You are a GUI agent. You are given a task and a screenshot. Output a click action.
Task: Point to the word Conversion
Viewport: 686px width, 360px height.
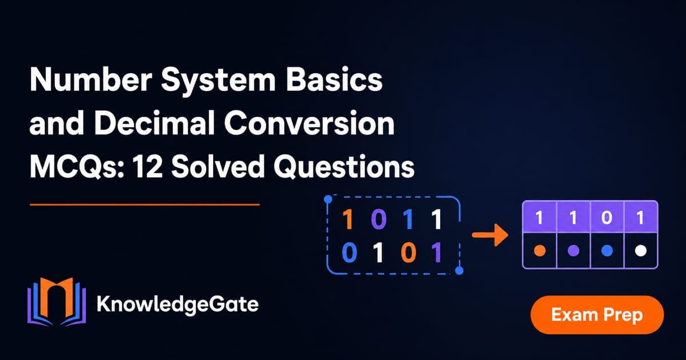(x=310, y=123)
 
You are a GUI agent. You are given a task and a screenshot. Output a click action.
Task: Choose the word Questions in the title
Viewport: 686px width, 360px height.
(x=344, y=166)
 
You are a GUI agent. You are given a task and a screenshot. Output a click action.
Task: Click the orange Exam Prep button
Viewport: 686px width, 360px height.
(x=597, y=315)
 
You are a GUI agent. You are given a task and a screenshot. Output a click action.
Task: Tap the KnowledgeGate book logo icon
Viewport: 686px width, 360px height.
(x=57, y=302)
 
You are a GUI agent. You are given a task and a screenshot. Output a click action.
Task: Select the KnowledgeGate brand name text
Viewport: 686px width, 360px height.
(x=178, y=304)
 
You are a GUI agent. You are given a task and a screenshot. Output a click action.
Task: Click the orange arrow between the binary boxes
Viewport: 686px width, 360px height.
(x=490, y=235)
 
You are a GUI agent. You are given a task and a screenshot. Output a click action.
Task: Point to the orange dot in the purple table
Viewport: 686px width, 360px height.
(x=540, y=251)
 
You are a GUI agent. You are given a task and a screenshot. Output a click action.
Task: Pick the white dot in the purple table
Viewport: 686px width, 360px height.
(x=641, y=251)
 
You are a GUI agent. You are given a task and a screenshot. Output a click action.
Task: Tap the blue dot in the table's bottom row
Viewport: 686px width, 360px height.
(x=607, y=251)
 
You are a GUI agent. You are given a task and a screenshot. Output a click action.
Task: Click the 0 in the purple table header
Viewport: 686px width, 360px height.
(x=607, y=218)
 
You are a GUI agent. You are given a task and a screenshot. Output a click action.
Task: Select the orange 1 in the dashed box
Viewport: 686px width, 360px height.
(x=348, y=219)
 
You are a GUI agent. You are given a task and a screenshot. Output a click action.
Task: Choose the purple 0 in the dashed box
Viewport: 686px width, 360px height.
(x=379, y=219)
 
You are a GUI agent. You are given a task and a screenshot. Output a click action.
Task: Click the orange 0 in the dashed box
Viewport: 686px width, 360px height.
(x=409, y=253)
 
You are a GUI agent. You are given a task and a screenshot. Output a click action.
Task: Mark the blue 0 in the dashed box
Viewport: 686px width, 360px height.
(x=349, y=253)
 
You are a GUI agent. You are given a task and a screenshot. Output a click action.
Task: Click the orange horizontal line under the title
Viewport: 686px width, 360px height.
(x=145, y=205)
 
